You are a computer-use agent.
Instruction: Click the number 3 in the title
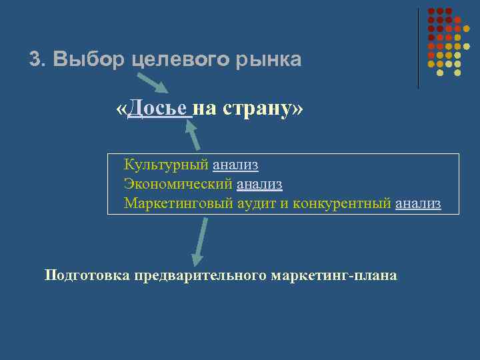point(35,60)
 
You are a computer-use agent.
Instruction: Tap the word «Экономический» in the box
point(178,184)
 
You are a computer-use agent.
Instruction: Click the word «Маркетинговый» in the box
point(179,203)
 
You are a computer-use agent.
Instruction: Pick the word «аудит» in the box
point(258,203)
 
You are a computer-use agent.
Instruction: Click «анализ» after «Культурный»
point(235,165)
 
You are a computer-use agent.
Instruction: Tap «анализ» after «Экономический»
point(259,184)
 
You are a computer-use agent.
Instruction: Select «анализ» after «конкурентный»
point(418,203)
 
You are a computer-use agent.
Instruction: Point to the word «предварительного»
point(200,275)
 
